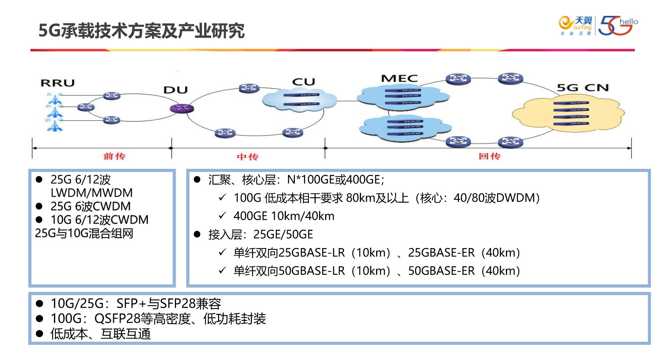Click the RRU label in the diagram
[58, 83]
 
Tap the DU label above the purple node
[176, 90]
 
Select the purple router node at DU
[182, 109]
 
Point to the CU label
[303, 82]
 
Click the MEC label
[399, 79]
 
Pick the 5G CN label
[583, 88]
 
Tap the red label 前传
[114, 156]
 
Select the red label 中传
[248, 157]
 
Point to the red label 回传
[490, 156]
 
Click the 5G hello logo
[618, 26]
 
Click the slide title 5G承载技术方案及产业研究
[141, 31]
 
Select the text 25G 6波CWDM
[91, 206]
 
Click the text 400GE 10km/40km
[284, 216]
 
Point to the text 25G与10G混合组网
[84, 233]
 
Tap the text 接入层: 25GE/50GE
[260, 234]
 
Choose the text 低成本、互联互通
[100, 334]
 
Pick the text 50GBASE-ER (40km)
[464, 271]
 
